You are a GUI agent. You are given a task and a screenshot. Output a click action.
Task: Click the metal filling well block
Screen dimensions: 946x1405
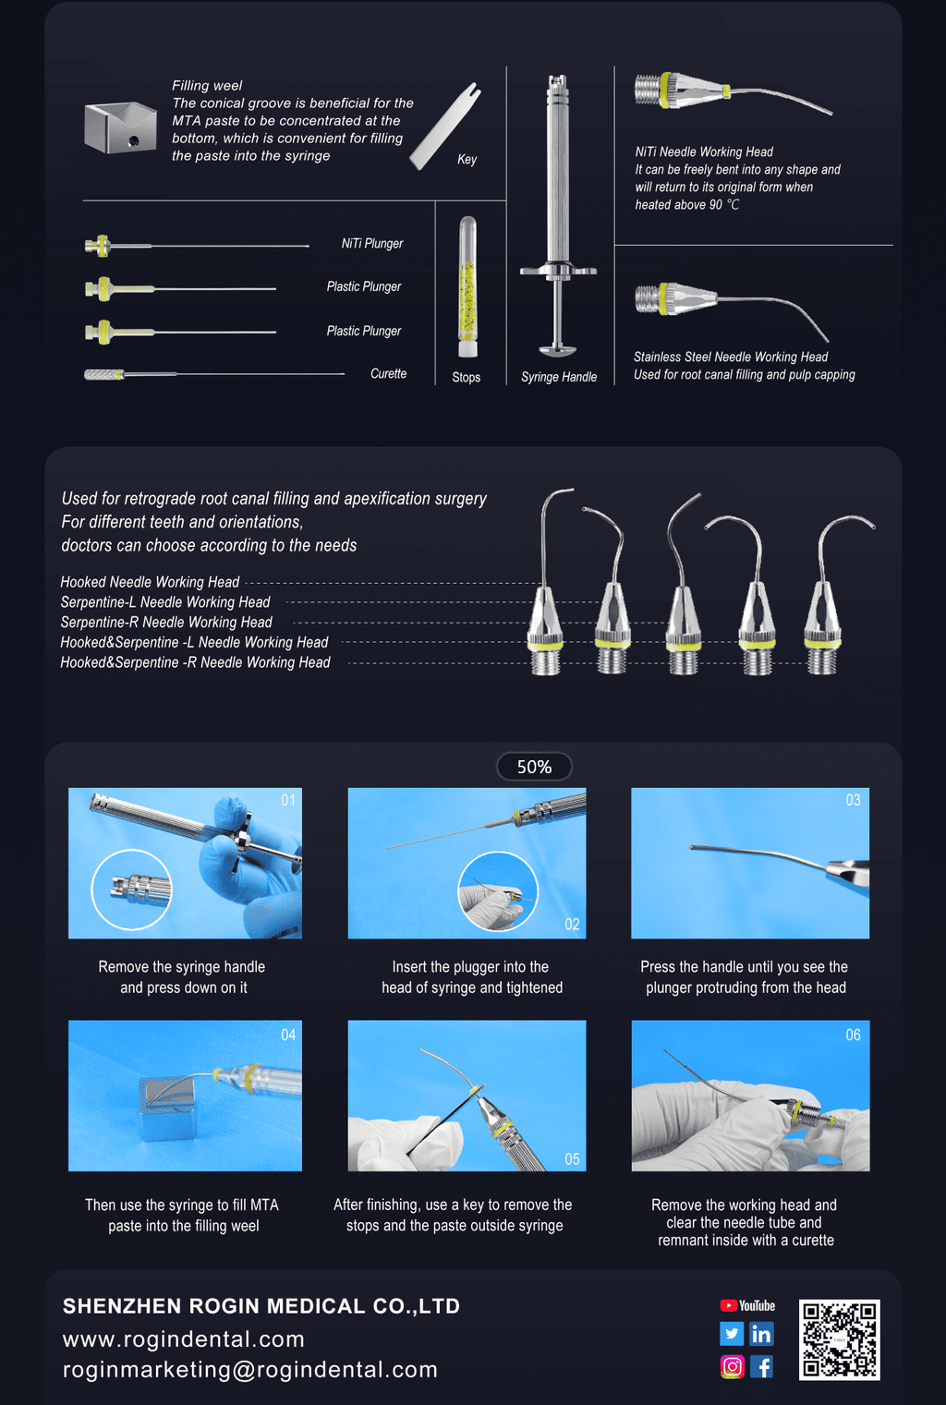[x=120, y=127]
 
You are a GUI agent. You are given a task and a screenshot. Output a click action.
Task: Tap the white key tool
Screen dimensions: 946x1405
[x=445, y=126]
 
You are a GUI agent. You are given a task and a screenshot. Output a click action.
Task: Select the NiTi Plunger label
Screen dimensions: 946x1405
[x=372, y=243]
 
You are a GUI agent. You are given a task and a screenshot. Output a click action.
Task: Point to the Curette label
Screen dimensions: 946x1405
[x=388, y=374]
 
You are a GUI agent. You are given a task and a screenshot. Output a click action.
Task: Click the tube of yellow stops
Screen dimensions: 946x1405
[x=467, y=287]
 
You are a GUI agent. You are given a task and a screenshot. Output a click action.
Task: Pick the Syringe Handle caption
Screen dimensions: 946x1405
[x=558, y=377]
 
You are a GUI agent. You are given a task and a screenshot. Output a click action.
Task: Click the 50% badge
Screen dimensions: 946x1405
[x=534, y=767]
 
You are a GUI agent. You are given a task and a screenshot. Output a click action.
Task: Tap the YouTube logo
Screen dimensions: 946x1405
[x=747, y=1306]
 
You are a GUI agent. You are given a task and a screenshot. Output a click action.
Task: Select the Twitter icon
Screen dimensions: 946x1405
[x=732, y=1334]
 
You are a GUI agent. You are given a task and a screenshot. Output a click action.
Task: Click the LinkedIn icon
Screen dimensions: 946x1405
[x=761, y=1334]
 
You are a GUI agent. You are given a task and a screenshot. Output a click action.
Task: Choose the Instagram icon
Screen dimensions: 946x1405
[x=732, y=1366]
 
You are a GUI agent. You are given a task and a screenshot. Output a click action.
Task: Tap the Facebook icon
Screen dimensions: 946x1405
[x=761, y=1366]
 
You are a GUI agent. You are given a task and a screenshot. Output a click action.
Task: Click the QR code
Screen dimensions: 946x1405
[x=840, y=1339]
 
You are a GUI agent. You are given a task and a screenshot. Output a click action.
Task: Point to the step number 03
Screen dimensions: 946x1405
[x=854, y=800]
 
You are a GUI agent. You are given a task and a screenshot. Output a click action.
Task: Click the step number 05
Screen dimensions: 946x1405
[x=572, y=1159]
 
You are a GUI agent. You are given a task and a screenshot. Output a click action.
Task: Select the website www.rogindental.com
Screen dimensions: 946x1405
[x=184, y=1339]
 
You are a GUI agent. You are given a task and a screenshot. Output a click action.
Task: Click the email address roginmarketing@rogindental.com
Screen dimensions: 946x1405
[x=250, y=1369]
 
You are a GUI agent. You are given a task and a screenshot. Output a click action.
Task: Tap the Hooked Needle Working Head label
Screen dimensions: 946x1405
[x=150, y=582]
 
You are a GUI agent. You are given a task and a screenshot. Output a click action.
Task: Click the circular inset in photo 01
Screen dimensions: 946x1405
[x=131, y=890]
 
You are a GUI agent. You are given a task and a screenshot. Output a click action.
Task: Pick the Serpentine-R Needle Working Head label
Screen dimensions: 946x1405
[x=166, y=623]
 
